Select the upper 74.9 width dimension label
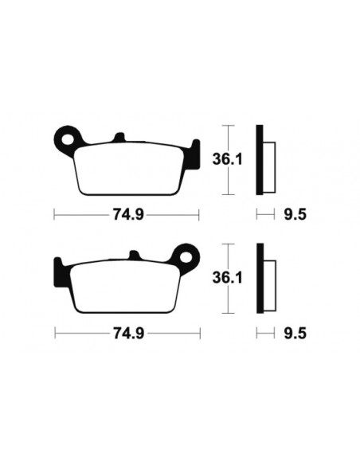click(x=124, y=213)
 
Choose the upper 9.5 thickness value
click(x=295, y=213)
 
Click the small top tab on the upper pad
click(x=119, y=138)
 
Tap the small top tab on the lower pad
click(x=133, y=256)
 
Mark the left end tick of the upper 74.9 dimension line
click(x=53, y=213)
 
